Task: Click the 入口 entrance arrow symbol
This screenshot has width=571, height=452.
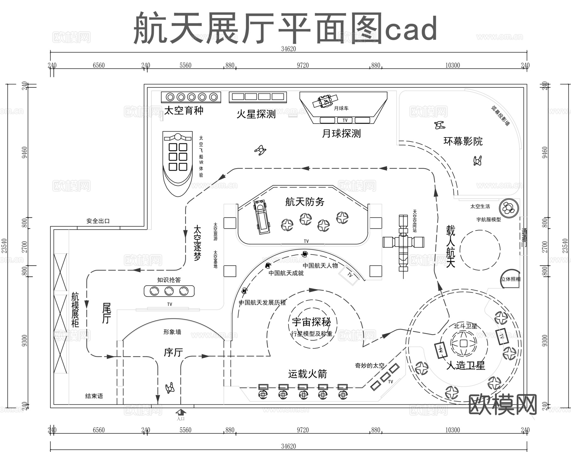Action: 181,412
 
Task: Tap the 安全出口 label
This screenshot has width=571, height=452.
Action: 98,221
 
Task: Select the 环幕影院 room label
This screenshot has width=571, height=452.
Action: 463,141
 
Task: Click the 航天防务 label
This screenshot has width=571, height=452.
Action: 305,202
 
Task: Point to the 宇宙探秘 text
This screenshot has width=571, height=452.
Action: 311,322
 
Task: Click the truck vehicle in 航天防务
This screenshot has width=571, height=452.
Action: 261,217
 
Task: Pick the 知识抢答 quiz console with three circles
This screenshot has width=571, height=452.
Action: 169,291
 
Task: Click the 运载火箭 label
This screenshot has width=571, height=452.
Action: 307,374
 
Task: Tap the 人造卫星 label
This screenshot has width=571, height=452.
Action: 466,365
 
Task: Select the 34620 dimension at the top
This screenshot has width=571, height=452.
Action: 288,49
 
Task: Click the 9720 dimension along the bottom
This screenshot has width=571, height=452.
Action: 303,430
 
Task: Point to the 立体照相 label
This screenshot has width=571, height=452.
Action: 510,279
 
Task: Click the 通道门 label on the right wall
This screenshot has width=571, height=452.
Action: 524,237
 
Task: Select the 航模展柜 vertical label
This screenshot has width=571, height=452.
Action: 75,310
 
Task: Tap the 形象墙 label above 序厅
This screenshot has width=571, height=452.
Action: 172,332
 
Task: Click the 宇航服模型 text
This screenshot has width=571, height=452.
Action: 489,219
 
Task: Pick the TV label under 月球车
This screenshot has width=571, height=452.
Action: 345,120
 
